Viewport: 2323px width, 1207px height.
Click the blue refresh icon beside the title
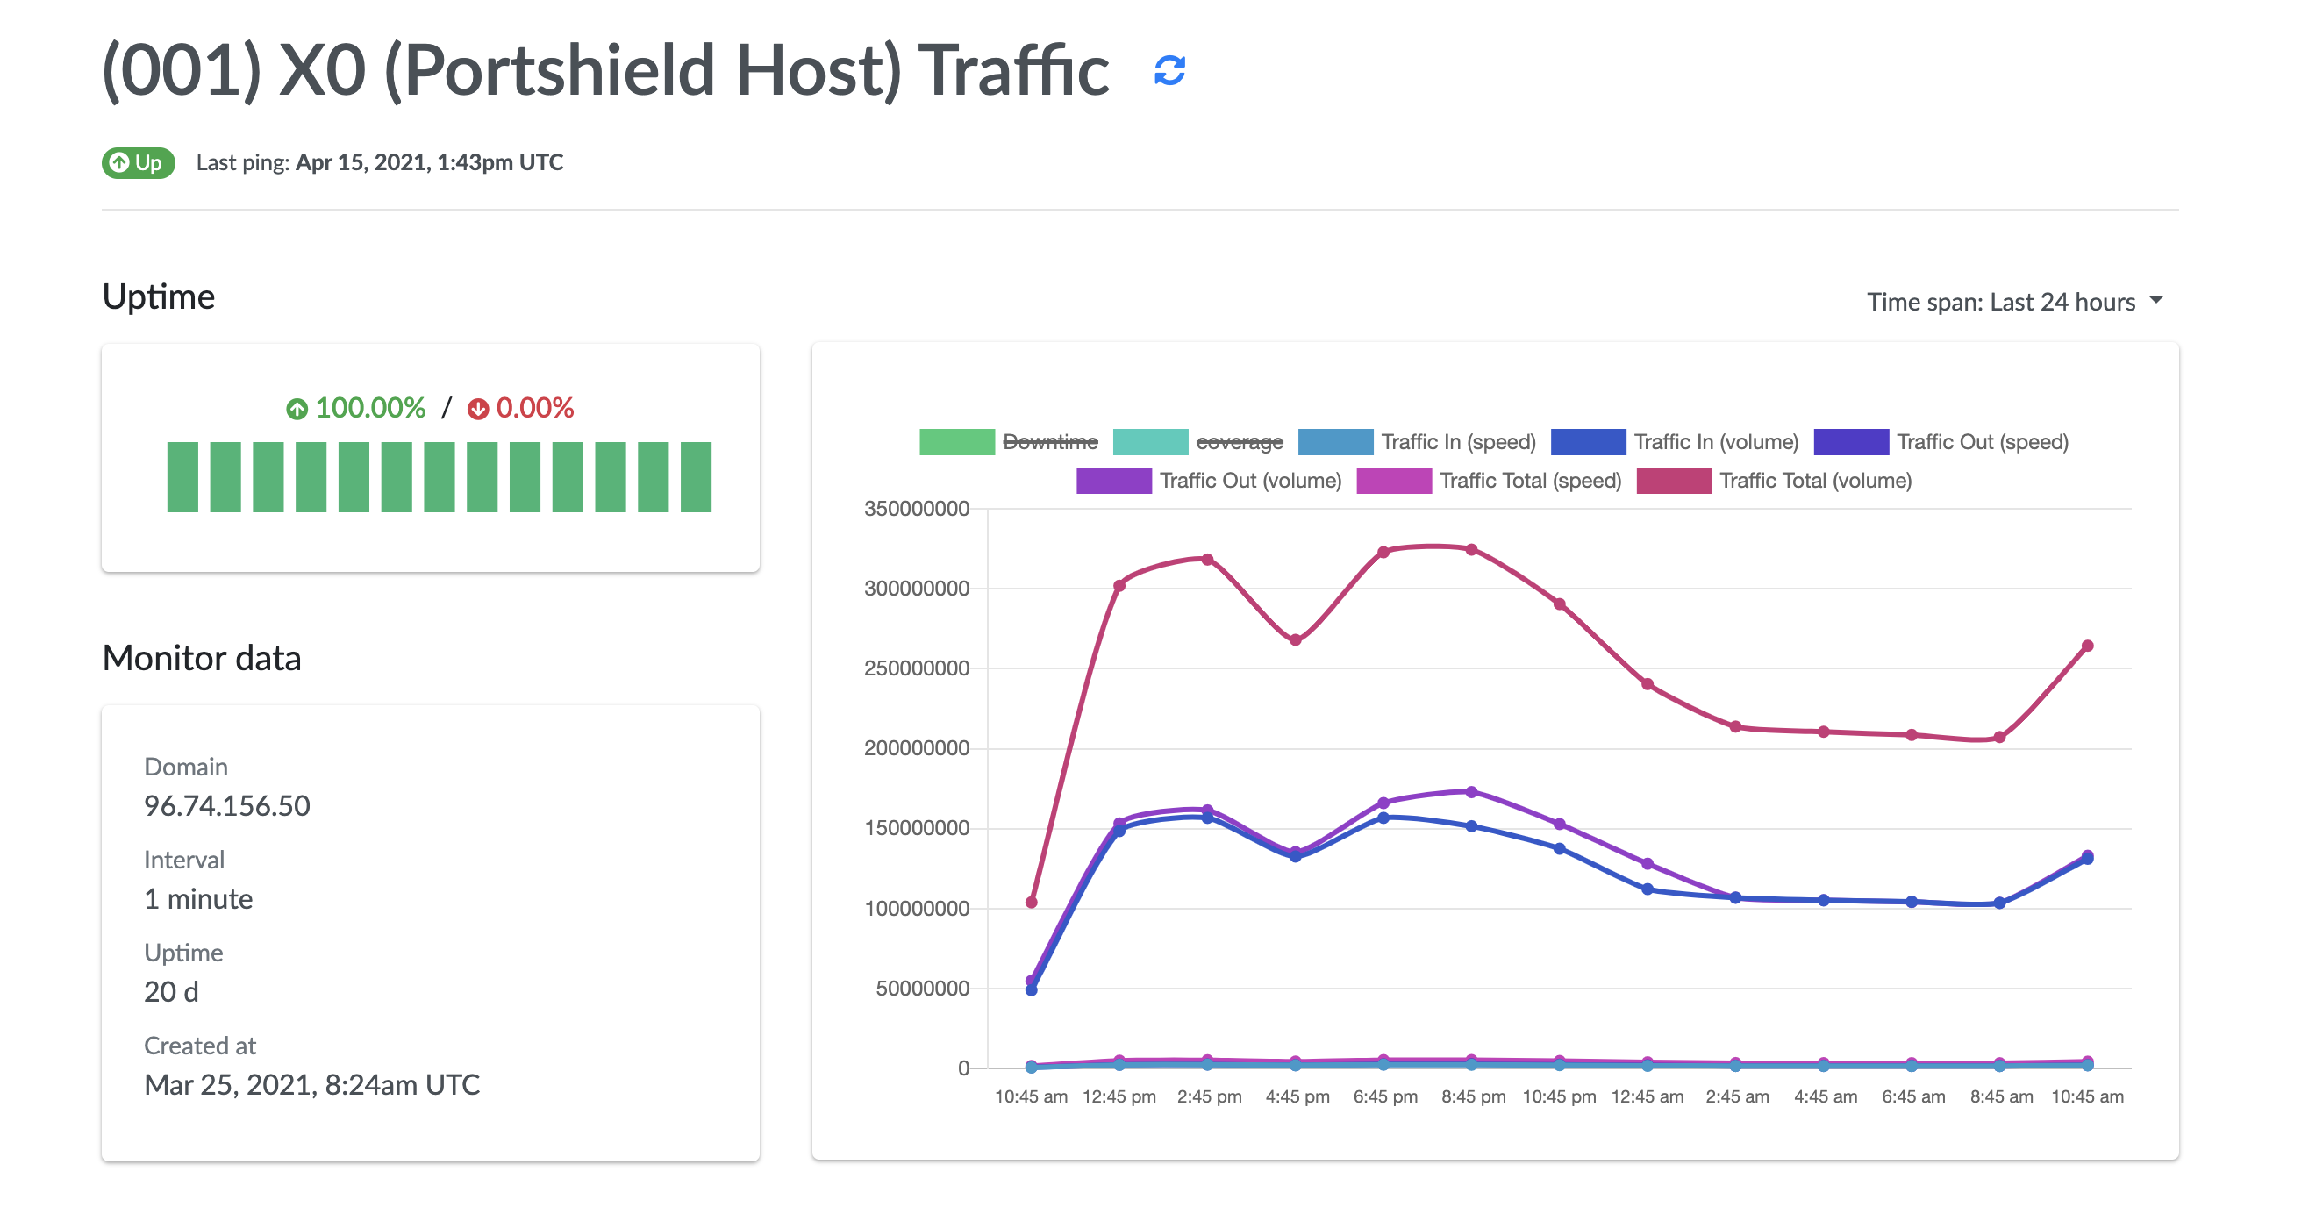pyautogui.click(x=1169, y=70)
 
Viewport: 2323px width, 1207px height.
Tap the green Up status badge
pyautogui.click(x=138, y=163)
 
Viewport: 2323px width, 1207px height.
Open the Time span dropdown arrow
pyautogui.click(x=2155, y=300)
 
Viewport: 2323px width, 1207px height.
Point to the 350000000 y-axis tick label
pyautogui.click(x=916, y=509)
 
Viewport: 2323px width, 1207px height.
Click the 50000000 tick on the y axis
pyautogui.click(x=922, y=988)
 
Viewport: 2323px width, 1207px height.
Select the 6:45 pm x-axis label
pyautogui.click(x=1384, y=1096)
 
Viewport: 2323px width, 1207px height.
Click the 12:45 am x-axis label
pyautogui.click(x=1647, y=1096)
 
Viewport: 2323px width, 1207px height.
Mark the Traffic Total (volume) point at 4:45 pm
pyautogui.click(x=1295, y=640)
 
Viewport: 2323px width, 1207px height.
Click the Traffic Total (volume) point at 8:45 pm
pyautogui.click(x=1471, y=549)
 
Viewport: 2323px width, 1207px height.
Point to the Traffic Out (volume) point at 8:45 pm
pyautogui.click(x=1471, y=791)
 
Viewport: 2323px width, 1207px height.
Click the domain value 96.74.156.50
pyautogui.click(x=226, y=805)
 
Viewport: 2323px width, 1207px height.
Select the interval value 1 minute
pyautogui.click(x=198, y=899)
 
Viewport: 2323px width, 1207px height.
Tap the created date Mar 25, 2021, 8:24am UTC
pyautogui.click(x=312, y=1084)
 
